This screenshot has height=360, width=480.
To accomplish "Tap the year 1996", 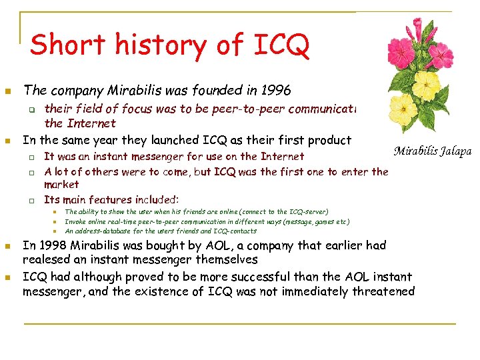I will (x=277, y=89).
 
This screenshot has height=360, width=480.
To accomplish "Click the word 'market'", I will (x=61, y=184).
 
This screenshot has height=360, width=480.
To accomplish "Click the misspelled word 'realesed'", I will (x=47, y=259).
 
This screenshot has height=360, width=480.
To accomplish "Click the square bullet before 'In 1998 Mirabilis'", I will (x=7, y=246).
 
